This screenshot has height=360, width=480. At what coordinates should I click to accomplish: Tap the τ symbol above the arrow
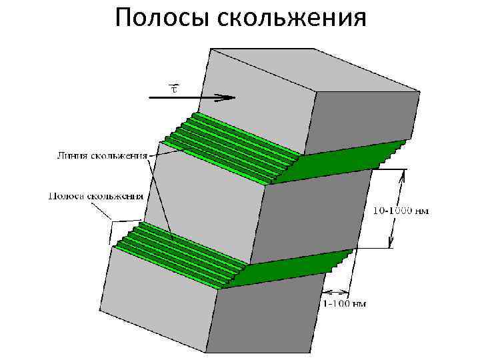point(174,87)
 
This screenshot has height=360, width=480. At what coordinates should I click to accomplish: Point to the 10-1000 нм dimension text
point(400,211)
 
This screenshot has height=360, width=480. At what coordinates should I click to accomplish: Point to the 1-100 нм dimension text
point(345,304)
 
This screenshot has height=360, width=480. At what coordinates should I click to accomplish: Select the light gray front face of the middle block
point(203,200)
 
